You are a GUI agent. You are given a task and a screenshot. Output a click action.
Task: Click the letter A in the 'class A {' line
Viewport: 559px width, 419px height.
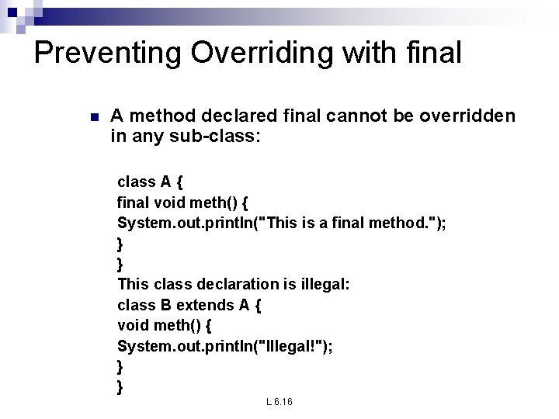(165, 182)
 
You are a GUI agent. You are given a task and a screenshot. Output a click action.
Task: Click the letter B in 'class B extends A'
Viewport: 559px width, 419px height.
(165, 305)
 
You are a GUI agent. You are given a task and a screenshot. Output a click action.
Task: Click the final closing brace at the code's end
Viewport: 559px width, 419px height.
(120, 386)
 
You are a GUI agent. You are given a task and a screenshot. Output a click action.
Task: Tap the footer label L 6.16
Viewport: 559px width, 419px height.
(279, 402)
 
